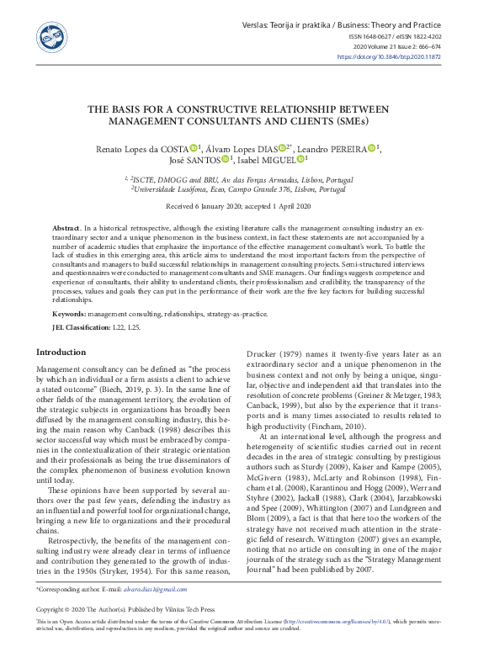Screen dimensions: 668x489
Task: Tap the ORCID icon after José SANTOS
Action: click(x=224, y=159)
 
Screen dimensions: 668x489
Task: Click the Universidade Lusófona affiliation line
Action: click(x=244, y=189)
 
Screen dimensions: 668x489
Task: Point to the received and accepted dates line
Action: click(x=244, y=206)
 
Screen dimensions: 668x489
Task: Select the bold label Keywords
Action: click(x=69, y=313)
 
